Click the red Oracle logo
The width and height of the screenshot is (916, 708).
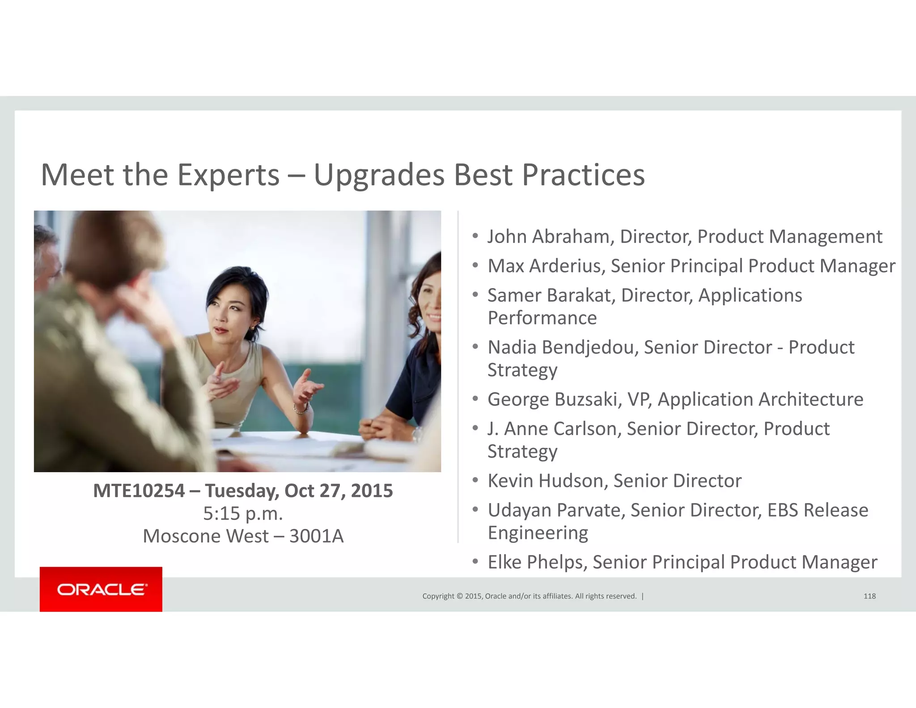[x=101, y=589]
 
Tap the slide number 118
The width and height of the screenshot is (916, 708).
[x=869, y=596]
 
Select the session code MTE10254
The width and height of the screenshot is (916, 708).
[x=139, y=490]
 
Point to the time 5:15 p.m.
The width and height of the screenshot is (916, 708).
[x=243, y=513]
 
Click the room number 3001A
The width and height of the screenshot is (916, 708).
[x=316, y=536]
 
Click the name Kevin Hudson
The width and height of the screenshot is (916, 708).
[x=547, y=481]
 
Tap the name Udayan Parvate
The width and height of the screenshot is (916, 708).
[x=556, y=510]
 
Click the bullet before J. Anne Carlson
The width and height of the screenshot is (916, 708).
[x=475, y=428]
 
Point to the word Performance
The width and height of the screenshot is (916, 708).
[x=542, y=318]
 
